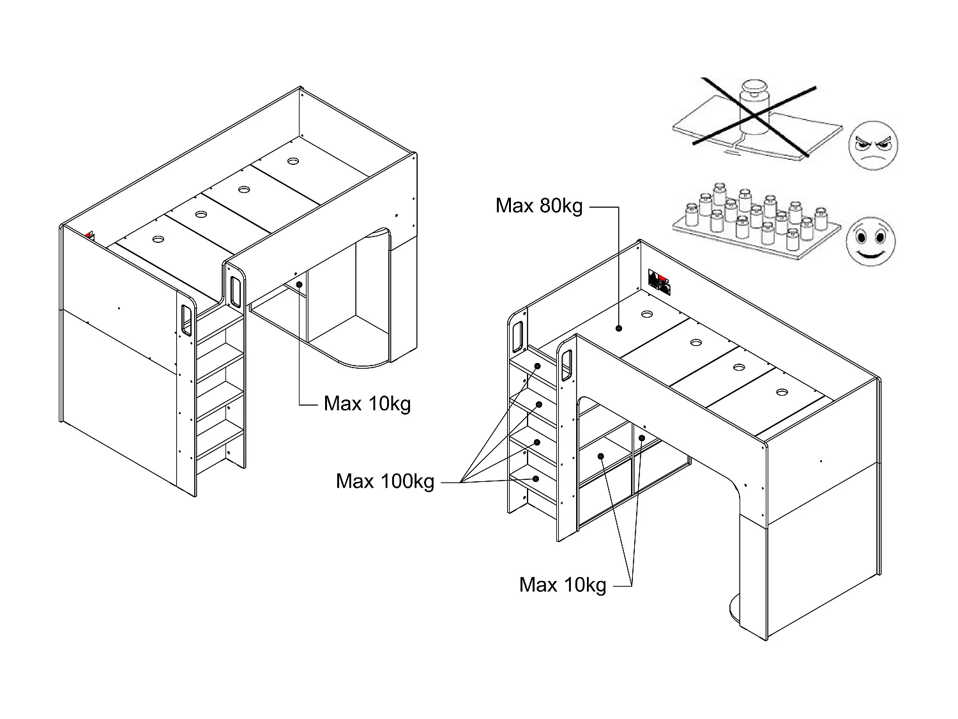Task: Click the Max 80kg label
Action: tap(539, 206)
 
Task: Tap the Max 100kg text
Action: tap(385, 481)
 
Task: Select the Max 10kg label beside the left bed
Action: tap(367, 404)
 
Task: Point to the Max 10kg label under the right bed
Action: tap(563, 584)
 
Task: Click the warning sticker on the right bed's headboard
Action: tap(660, 281)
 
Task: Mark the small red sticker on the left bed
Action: tap(89, 235)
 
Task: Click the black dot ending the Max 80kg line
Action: tap(619, 329)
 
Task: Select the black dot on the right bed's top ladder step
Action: tap(538, 366)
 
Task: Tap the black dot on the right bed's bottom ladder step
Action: tap(536, 478)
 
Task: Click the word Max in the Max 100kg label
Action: tap(354, 481)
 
